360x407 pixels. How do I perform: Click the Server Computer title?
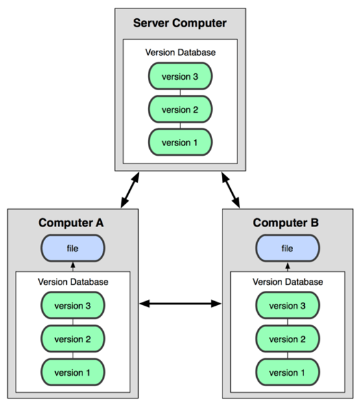180,23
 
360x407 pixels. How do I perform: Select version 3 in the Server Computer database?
180,76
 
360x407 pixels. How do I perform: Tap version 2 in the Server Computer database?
180,109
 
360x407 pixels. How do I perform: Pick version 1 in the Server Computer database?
180,142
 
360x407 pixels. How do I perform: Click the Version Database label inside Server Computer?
180,53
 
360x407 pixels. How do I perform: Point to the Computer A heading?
71,223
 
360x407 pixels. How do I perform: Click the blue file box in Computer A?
73,248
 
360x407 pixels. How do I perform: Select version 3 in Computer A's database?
73,306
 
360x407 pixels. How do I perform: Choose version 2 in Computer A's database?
73,339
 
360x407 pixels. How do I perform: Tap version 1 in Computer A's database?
73,372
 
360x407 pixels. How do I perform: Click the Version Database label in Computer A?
73,282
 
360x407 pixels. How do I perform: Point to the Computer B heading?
286,223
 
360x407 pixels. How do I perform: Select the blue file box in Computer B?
287,248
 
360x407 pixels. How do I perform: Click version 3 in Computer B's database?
287,306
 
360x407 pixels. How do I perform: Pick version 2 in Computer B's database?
287,339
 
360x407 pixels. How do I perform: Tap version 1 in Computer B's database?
287,372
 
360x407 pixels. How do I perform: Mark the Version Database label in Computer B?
288,282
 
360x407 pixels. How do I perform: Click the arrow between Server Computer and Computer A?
130,190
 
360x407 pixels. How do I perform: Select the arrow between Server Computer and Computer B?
230,190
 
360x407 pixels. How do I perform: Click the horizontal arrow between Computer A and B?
180,303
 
